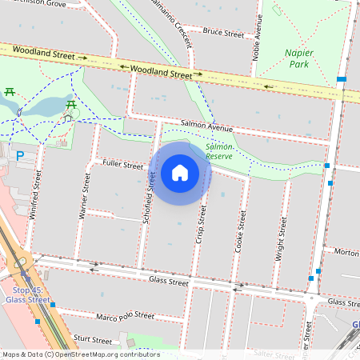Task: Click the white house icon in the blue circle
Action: pos(180,173)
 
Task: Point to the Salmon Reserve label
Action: pos(219,151)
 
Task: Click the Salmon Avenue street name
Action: pos(206,126)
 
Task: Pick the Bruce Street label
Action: pos(223,34)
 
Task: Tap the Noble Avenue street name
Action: pos(257,38)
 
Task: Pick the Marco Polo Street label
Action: pos(125,315)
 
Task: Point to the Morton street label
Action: pos(346,252)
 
